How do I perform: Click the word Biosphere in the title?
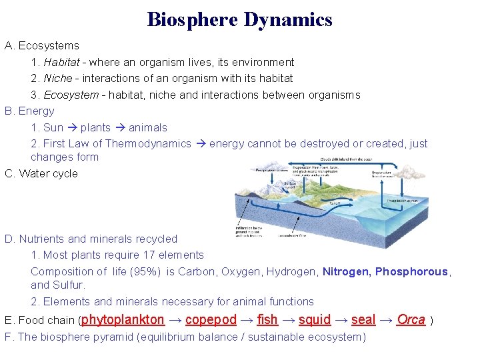(192, 19)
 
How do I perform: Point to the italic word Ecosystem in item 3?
(71, 95)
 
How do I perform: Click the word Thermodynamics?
(148, 143)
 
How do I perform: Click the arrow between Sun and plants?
(72, 127)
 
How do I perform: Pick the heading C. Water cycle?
(41, 173)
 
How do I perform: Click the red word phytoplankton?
(123, 320)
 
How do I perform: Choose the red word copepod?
(211, 320)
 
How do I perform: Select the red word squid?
(315, 320)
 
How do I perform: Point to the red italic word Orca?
(411, 320)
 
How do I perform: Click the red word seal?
(363, 320)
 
